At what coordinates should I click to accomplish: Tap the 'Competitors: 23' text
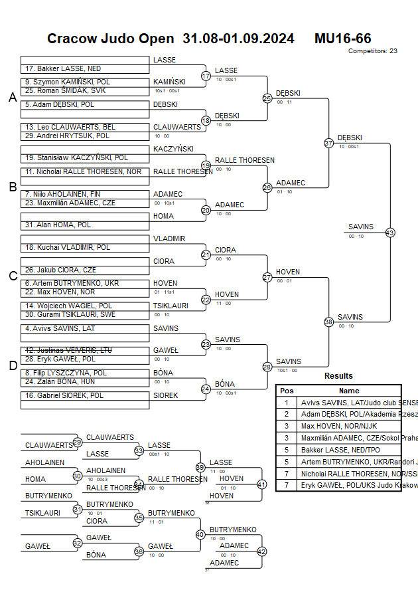point(373,50)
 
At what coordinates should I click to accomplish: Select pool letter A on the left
point(12,98)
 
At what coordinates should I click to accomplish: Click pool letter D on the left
point(12,365)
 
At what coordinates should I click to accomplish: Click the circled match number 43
point(390,233)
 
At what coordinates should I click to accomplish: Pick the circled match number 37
point(328,143)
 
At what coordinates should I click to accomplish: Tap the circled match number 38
point(328,322)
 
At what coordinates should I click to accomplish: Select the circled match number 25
point(267,98)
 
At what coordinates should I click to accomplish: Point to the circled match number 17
point(206,76)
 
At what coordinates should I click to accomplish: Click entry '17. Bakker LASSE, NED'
point(64,68)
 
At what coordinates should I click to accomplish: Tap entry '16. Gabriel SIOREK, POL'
point(64,395)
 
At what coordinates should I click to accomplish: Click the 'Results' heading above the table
point(338,376)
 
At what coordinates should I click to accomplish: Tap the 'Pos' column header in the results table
point(287,391)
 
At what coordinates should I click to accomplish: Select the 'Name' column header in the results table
point(349,391)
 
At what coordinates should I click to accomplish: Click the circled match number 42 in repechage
point(261,551)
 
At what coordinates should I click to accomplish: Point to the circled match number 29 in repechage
point(78,442)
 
